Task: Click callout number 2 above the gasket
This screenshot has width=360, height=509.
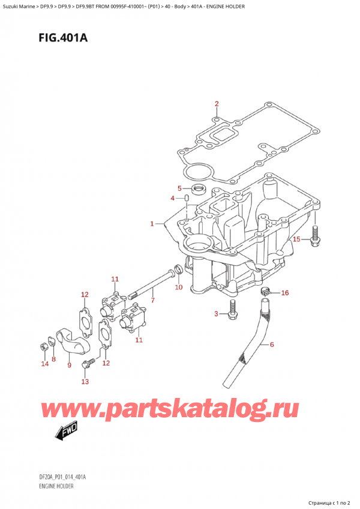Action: pyautogui.click(x=217, y=104)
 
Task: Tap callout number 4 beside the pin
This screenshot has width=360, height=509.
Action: pyautogui.click(x=172, y=199)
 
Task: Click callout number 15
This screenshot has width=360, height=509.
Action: pyautogui.click(x=295, y=239)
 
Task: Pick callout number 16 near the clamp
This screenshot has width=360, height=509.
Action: pyautogui.click(x=285, y=293)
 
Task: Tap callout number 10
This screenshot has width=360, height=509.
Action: pyautogui.click(x=178, y=288)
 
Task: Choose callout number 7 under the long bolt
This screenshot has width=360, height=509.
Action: pyautogui.click(x=153, y=300)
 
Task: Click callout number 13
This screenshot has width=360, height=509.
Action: pyautogui.click(x=85, y=382)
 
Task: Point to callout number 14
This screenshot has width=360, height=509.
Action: pyautogui.click(x=44, y=364)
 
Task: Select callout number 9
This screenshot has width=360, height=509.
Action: pyautogui.click(x=69, y=364)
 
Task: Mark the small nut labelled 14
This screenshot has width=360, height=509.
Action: pyautogui.click(x=44, y=346)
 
